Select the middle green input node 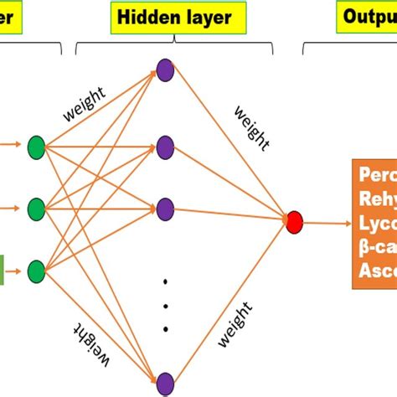(x=36, y=206)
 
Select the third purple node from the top (x=165, y=205)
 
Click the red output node (x=293, y=222)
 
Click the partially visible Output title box (x=367, y=17)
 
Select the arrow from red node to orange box (x=326, y=223)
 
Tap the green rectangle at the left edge (x=3, y=247)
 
